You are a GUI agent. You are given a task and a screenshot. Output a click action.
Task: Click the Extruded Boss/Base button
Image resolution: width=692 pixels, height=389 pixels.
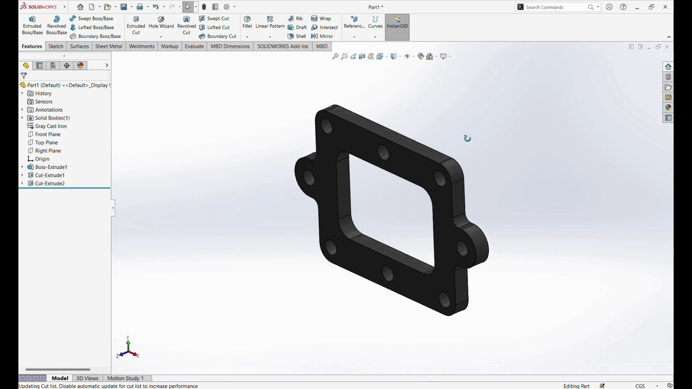[x=32, y=25]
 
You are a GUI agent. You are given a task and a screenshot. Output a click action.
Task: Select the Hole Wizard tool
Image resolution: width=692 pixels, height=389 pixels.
[x=161, y=23]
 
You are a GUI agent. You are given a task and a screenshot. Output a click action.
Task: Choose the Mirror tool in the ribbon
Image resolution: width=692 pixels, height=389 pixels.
[x=322, y=36]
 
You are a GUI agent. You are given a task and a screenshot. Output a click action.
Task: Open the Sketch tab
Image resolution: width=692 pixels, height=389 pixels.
[x=56, y=46]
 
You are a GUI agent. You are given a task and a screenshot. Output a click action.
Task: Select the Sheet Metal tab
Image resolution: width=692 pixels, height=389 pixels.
[x=109, y=46]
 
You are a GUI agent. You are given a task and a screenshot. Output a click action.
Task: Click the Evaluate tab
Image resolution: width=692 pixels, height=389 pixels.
[x=194, y=46]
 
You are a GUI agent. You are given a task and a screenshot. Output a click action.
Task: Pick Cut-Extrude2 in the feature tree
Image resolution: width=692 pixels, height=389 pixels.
[x=50, y=183]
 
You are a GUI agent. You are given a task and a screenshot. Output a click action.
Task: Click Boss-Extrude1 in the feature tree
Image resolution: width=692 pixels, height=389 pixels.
[x=51, y=167]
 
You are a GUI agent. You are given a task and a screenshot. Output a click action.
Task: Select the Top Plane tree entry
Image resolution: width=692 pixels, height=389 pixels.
[x=46, y=142]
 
